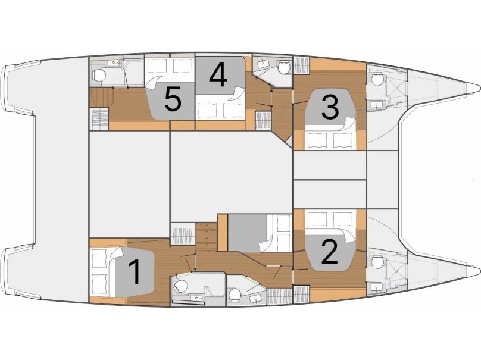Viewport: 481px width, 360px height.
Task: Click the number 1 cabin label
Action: pyautogui.click(x=135, y=272)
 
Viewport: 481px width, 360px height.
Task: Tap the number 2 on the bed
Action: pyautogui.click(x=330, y=252)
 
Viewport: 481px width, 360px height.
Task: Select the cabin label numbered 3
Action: pyautogui.click(x=330, y=107)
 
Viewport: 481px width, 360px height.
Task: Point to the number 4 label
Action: pyautogui.click(x=218, y=74)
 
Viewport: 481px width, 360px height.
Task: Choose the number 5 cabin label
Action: pyautogui.click(x=173, y=99)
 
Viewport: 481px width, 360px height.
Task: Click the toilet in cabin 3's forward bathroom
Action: pyautogui.click(x=377, y=79)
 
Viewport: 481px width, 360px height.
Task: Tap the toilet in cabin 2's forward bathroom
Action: pyautogui.click(x=377, y=262)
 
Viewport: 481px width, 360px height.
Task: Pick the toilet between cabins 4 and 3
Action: pyautogui.click(x=283, y=67)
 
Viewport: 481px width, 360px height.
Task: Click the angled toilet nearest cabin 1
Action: pyautogui.click(x=180, y=287)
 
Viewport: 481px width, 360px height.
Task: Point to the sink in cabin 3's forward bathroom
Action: pyautogui.click(x=376, y=105)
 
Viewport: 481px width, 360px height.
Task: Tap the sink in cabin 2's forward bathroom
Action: pyautogui.click(x=376, y=287)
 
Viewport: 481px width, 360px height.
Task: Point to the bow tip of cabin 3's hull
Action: pyautogui.click(x=479, y=87)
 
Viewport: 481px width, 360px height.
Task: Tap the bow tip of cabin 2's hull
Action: pyautogui.click(x=479, y=271)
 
